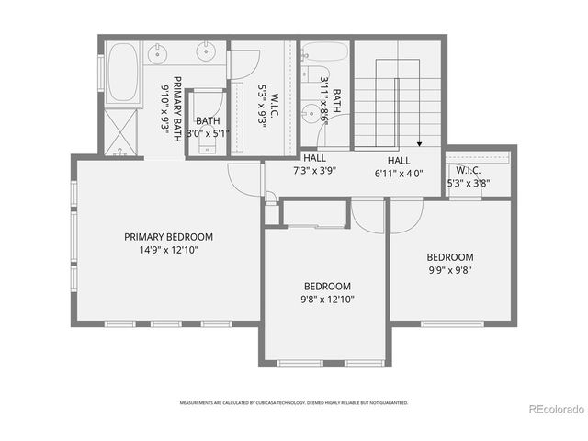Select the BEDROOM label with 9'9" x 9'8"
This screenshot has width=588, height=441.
click(x=449, y=257)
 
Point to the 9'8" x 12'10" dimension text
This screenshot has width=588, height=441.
click(x=328, y=299)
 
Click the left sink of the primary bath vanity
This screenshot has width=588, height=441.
click(x=158, y=54)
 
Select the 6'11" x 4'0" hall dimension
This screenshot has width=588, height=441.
click(x=398, y=172)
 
